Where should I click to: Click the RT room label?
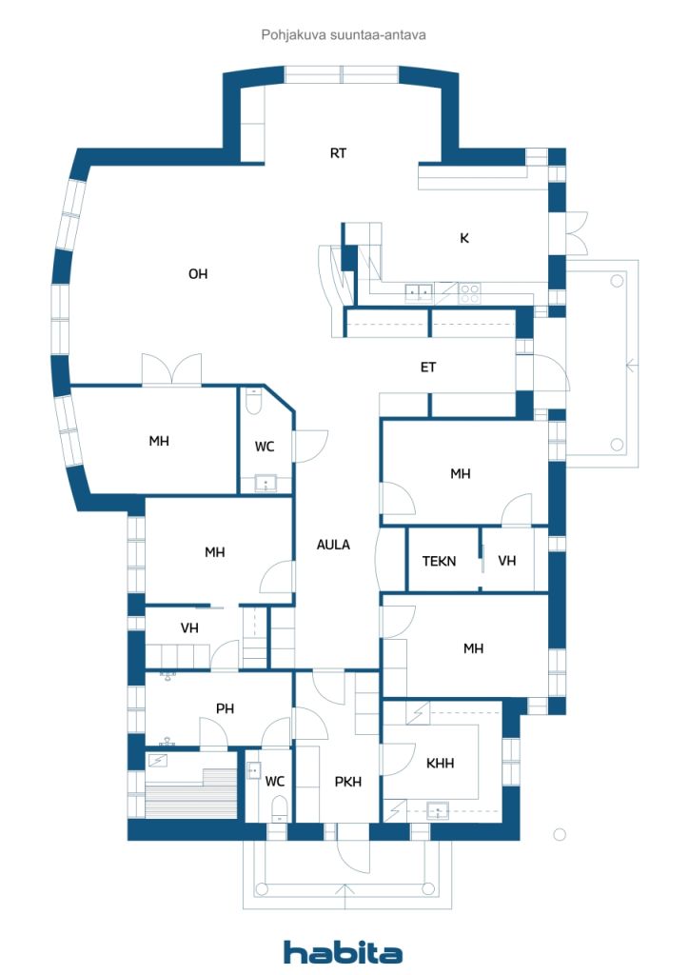pyautogui.click(x=338, y=153)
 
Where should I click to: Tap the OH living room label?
pyautogui.click(x=198, y=273)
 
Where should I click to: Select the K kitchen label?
pyautogui.click(x=464, y=238)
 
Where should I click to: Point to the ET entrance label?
pyautogui.click(x=428, y=368)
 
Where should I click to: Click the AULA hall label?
pyautogui.click(x=334, y=545)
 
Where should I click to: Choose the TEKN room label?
pyautogui.click(x=440, y=562)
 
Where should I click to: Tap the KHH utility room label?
pyautogui.click(x=440, y=763)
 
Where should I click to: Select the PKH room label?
pyautogui.click(x=348, y=783)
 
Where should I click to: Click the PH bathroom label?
pyautogui.click(x=225, y=708)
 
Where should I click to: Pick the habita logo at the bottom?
pyautogui.click(x=343, y=952)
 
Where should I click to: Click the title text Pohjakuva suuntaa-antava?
pyautogui.click(x=344, y=35)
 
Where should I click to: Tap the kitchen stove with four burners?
pyautogui.click(x=469, y=293)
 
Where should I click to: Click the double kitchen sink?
pyautogui.click(x=420, y=292)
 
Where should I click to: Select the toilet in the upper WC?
pyautogui.click(x=253, y=403)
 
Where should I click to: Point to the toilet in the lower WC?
pyautogui.click(x=279, y=810)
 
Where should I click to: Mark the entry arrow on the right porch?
pyautogui.click(x=631, y=366)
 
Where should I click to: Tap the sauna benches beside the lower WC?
pyautogui.click(x=191, y=793)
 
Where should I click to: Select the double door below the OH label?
pyautogui.click(x=172, y=369)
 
